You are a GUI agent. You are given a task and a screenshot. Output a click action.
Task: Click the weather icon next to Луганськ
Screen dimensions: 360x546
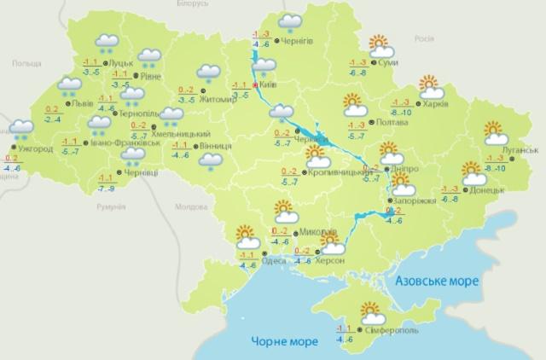click(x=495, y=133)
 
